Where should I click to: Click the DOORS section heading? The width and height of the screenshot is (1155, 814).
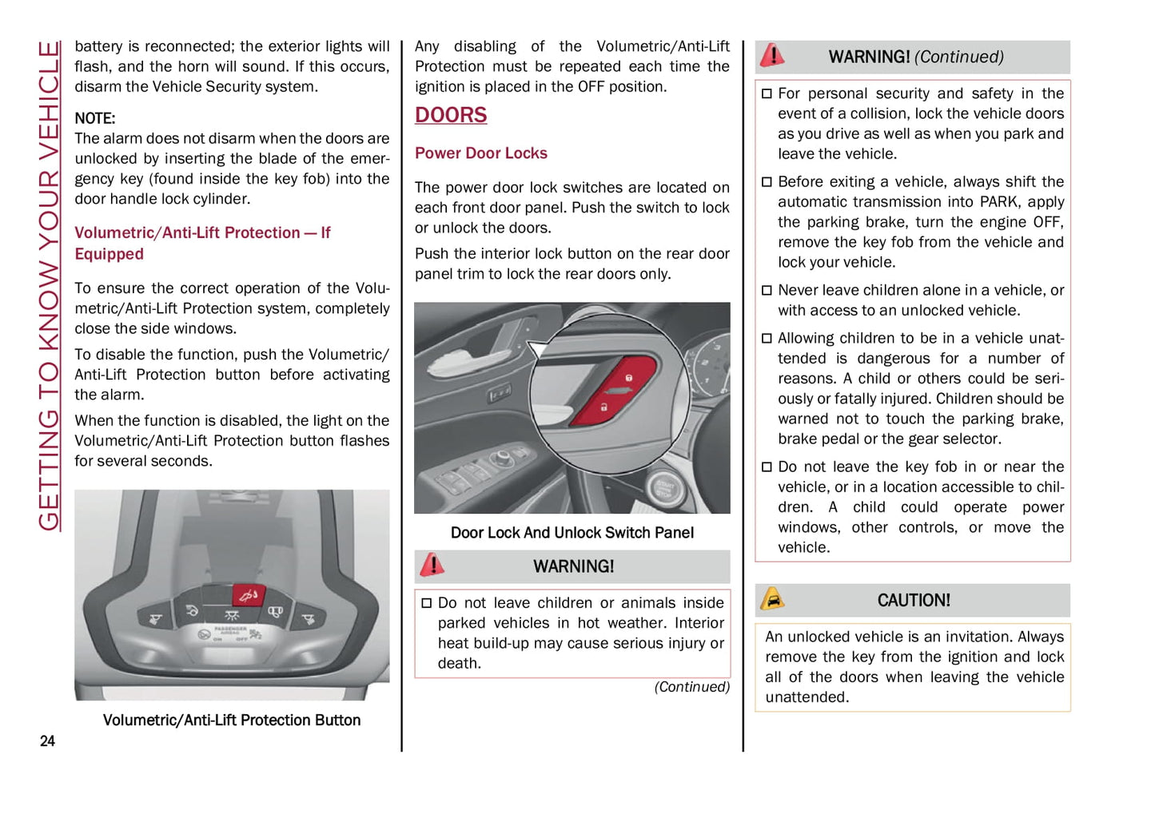tap(451, 116)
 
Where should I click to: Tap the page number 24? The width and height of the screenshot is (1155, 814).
tap(47, 741)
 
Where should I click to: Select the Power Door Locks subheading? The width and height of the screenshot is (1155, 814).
tap(480, 153)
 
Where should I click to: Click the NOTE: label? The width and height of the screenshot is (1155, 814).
tap(95, 119)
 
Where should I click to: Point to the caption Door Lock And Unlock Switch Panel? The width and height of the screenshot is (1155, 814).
tap(572, 533)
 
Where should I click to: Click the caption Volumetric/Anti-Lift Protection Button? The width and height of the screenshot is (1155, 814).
tap(232, 721)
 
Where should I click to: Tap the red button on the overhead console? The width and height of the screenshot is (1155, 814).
tap(248, 595)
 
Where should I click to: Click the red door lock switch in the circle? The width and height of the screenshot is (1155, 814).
tap(616, 391)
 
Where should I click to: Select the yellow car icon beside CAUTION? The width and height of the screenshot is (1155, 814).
tap(772, 599)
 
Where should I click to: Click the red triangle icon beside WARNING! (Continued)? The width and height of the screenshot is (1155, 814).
tap(772, 55)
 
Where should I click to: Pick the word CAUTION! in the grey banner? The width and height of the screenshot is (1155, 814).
tap(914, 601)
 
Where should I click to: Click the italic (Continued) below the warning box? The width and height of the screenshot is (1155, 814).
tap(691, 687)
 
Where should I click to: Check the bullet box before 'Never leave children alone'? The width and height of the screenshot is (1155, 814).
tap(767, 291)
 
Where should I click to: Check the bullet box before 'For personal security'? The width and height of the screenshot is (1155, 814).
tap(767, 94)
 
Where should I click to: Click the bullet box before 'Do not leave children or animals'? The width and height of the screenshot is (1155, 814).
tap(426, 603)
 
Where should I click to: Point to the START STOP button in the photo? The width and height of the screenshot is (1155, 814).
tap(664, 488)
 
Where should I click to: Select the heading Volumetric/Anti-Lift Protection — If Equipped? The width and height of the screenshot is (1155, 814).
tap(202, 243)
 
